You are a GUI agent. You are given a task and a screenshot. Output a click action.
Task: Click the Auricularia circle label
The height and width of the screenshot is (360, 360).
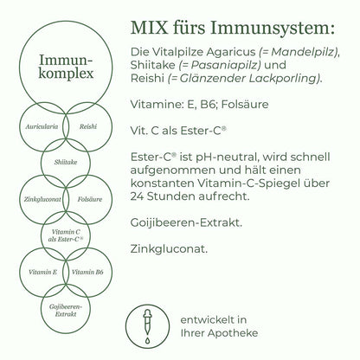[42, 126]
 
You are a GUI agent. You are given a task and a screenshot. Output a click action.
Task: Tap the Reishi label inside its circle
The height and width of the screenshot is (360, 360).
[88, 126]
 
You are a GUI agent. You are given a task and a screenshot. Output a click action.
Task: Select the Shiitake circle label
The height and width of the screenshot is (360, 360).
[66, 162]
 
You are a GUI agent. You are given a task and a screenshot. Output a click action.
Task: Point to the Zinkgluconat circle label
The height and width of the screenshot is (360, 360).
[42, 199]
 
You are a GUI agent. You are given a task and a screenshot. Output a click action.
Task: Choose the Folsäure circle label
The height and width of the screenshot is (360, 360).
[90, 199]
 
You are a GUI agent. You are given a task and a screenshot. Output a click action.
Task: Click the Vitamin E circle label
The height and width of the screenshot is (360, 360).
[42, 272]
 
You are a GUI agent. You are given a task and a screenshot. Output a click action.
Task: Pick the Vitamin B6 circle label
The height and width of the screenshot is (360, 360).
[87, 272]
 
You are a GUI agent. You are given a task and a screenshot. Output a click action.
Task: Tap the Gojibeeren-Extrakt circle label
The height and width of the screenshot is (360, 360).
[66, 311]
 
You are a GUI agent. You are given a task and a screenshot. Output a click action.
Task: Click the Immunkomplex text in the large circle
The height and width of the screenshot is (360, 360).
[66, 67]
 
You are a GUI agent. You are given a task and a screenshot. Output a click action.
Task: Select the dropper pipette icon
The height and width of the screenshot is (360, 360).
[147, 326]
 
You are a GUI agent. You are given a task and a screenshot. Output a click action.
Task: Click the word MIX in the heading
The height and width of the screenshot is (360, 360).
[149, 28]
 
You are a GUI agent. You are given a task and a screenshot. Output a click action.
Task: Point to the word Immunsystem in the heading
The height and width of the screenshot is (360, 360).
[273, 29]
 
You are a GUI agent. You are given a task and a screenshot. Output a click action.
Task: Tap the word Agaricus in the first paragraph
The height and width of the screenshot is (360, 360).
[230, 52]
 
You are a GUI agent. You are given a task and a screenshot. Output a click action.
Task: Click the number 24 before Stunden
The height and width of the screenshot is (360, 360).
[137, 196]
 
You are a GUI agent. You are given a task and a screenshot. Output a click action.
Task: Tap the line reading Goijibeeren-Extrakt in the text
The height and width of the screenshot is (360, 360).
[186, 223]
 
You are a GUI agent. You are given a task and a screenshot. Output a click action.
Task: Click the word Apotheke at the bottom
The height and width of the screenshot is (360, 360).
[233, 333]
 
